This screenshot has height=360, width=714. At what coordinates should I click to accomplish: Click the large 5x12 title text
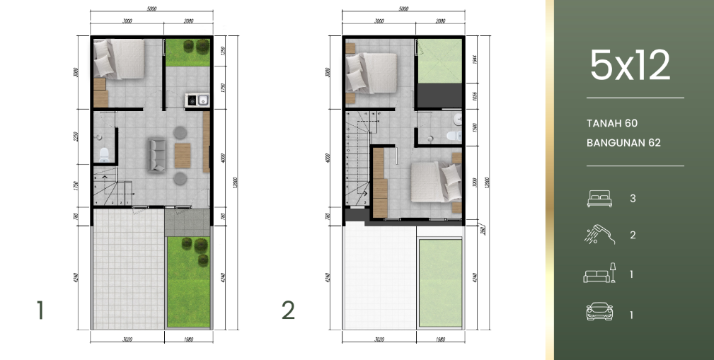coord(629,66)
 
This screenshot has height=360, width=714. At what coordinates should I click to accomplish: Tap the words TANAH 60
coord(612,123)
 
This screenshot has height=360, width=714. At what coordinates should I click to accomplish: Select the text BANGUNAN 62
coord(623,143)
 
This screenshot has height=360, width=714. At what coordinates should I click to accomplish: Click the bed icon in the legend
coord(598,199)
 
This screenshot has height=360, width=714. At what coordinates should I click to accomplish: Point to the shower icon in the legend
coord(598,235)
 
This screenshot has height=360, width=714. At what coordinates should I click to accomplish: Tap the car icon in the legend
coord(598,312)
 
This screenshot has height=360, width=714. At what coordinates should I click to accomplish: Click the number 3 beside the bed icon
coord(633,199)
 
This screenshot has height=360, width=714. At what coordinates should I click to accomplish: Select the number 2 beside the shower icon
coord(633,236)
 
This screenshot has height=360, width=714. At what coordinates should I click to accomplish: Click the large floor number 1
coord(40,310)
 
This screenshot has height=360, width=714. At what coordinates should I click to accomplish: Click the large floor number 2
coord(287,310)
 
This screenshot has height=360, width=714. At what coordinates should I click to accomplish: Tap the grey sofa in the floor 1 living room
coord(157,154)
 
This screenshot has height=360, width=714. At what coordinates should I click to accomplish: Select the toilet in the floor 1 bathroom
coord(103,155)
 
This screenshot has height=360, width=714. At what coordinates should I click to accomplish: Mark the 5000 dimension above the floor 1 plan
coord(152,8)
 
